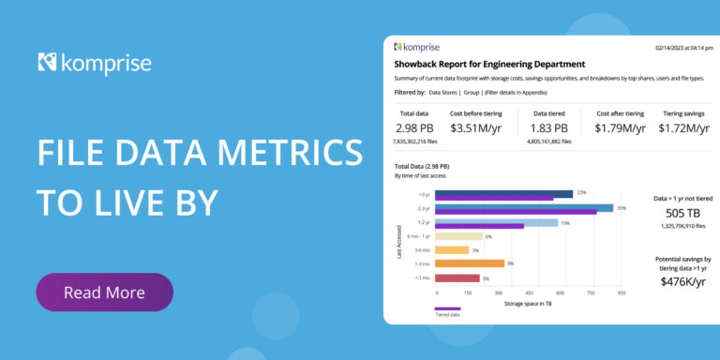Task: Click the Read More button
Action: pos(104,292)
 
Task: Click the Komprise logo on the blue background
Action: pos(94,64)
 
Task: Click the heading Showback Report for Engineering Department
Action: pos(489,64)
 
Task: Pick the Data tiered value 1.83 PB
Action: pos(548,128)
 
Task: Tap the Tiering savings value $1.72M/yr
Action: pos(685,128)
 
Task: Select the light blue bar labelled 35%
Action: pos(525,208)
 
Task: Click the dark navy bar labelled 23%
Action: pos(504,194)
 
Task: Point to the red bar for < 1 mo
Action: pos(457,277)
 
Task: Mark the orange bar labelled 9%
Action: pos(470,264)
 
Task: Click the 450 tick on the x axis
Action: pos(529,292)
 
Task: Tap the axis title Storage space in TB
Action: pos(531,303)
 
